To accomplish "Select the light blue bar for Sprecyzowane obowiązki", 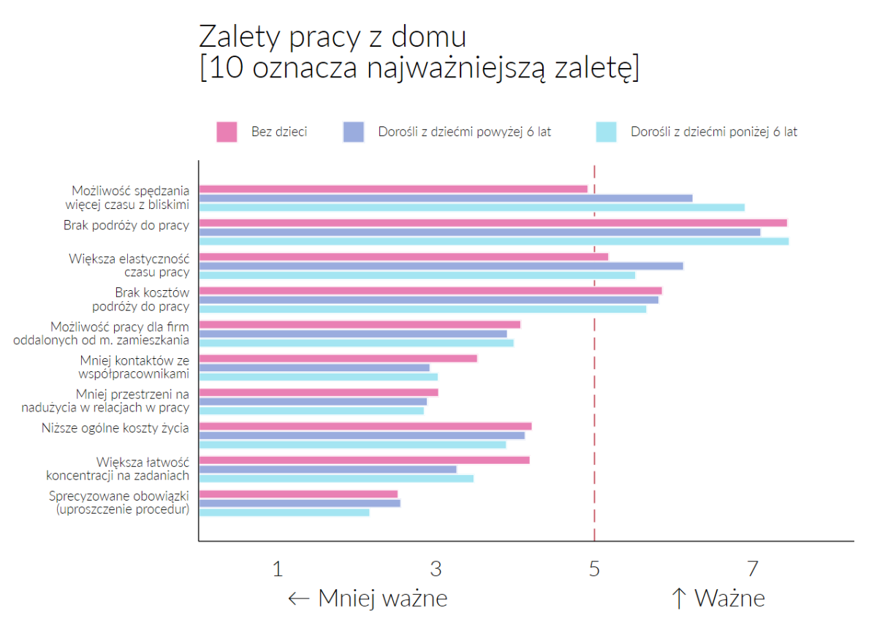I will [284, 512].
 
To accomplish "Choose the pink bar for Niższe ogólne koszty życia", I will [365, 426].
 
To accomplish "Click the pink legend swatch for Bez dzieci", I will [227, 132].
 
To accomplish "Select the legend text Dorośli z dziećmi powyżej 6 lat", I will [465, 132].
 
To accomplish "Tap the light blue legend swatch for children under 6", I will [606, 132].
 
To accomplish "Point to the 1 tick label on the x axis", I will [277, 569].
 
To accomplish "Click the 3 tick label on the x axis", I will [436, 569].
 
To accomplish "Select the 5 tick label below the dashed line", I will [594, 569].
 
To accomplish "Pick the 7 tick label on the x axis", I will [752, 569].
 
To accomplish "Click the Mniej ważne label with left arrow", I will [368, 599].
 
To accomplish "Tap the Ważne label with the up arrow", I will [718, 599].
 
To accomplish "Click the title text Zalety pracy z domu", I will [333, 37].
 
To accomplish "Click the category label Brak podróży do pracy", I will [126, 225].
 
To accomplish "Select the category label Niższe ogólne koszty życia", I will [115, 428].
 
